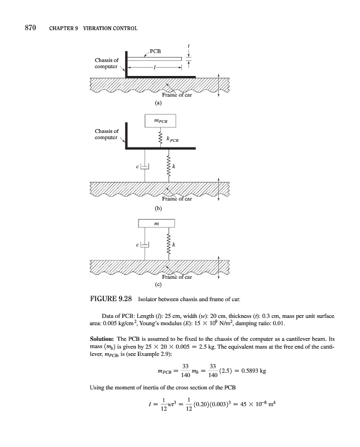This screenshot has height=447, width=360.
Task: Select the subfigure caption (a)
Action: pos(159,103)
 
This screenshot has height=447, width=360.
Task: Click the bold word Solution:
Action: pos(103,339)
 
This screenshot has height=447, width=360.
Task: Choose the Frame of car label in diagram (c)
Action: pos(177,278)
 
